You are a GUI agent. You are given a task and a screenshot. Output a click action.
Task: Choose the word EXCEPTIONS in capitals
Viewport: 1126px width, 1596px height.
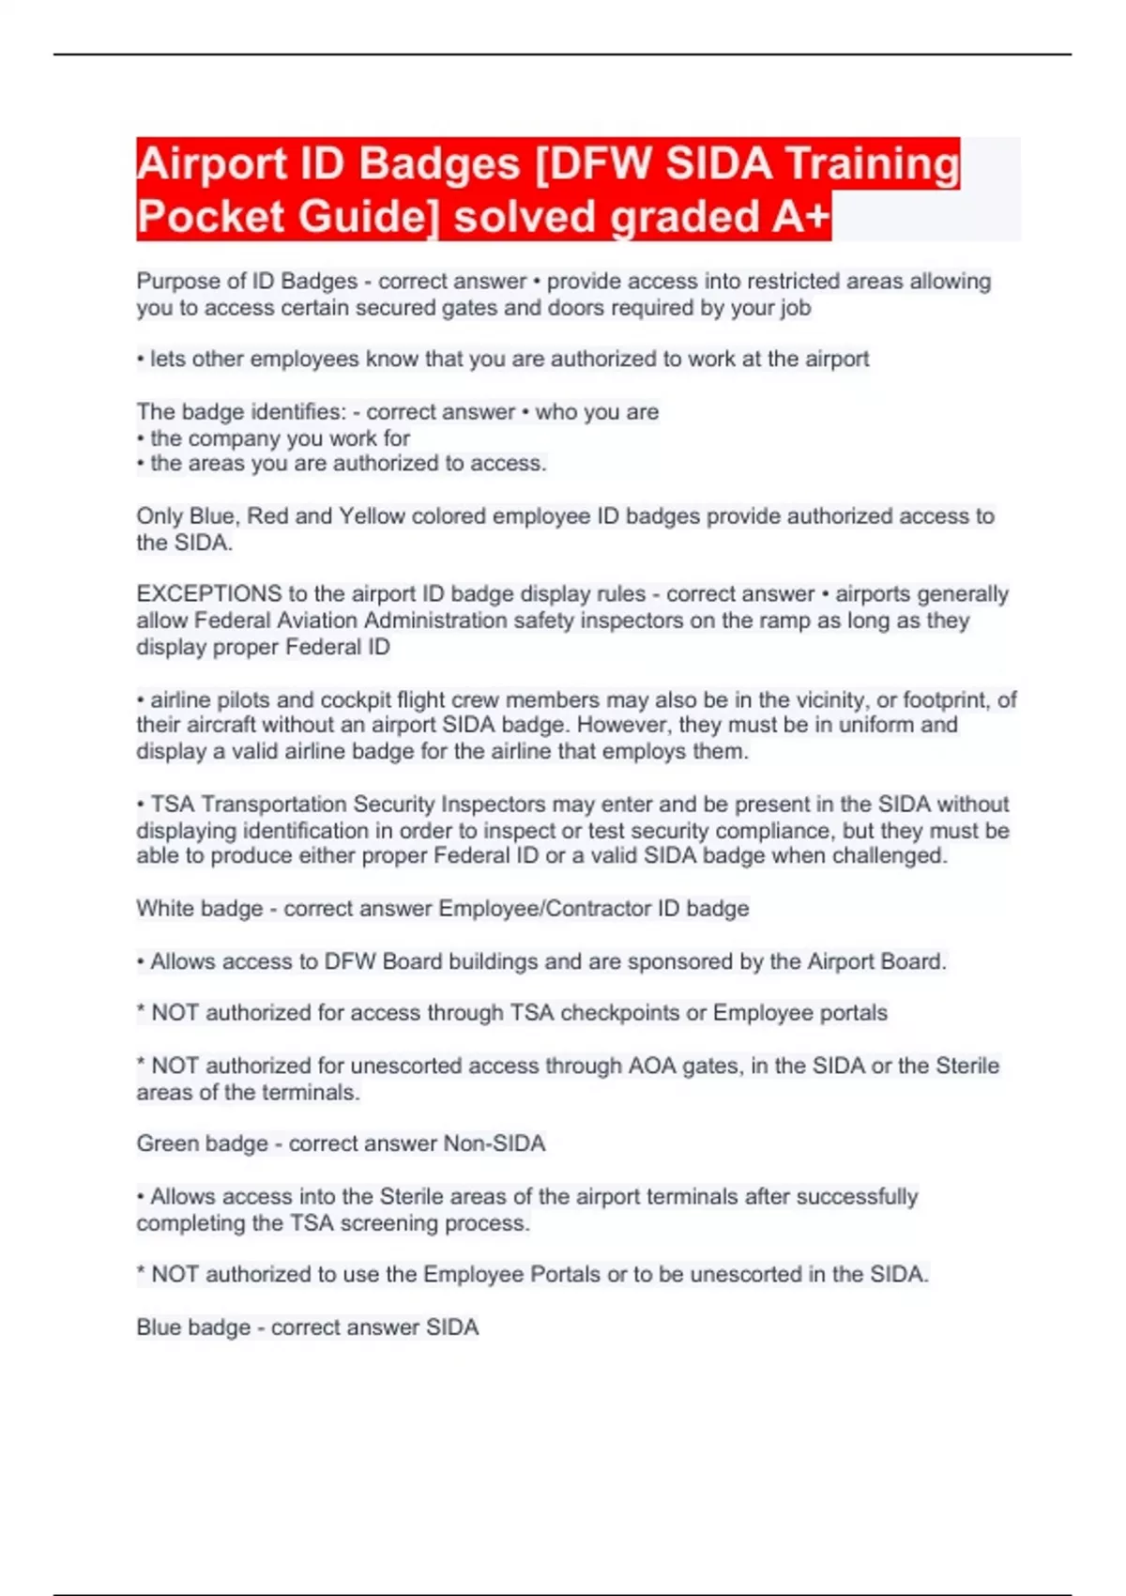click(x=209, y=594)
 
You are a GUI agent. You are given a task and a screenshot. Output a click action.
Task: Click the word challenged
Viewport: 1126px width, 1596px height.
click(x=889, y=856)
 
